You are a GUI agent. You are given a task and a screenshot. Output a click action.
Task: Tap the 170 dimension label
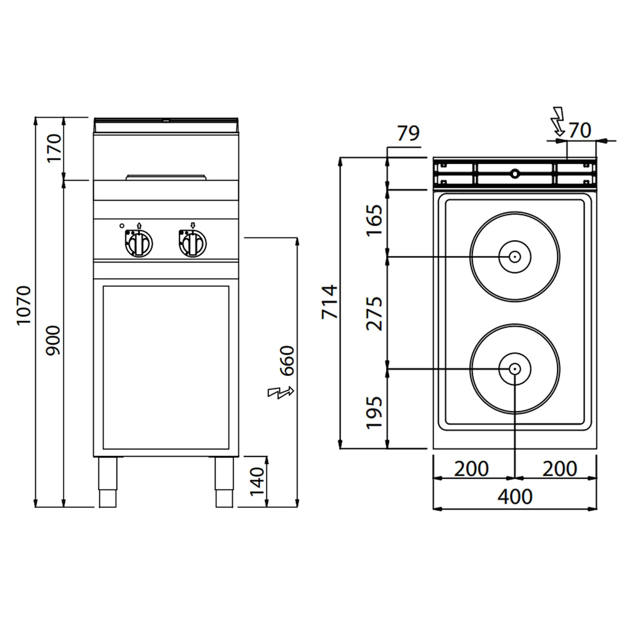(54, 148)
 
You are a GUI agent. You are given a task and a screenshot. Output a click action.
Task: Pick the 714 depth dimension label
(329, 302)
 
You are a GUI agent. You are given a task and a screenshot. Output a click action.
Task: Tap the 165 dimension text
(374, 220)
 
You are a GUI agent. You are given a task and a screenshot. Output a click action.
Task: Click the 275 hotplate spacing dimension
(374, 314)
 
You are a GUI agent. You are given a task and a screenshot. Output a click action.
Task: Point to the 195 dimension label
(374, 413)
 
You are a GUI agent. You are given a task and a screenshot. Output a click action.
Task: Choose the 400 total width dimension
(515, 497)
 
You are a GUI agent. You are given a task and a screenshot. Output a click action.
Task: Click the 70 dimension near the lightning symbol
(580, 130)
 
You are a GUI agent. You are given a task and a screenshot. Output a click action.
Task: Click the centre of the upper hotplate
(515, 257)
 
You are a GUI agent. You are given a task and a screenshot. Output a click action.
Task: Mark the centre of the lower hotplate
(515, 369)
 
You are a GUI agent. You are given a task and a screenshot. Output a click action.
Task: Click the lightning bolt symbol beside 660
(281, 392)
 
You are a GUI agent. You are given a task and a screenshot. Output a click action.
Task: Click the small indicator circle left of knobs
(122, 226)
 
